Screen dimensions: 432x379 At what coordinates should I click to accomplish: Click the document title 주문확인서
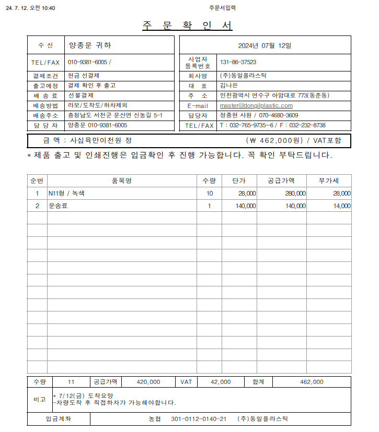[x=187, y=26]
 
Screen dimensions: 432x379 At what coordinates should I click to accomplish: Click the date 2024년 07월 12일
[x=265, y=45]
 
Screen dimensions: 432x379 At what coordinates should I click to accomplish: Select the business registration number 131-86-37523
[x=238, y=62]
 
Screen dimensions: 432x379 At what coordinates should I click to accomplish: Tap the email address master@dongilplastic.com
[x=256, y=105]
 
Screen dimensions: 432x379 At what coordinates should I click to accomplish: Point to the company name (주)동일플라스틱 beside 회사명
[x=243, y=76]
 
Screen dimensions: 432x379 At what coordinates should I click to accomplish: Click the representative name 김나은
[x=228, y=86]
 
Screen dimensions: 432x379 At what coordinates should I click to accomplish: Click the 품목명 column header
[x=121, y=181]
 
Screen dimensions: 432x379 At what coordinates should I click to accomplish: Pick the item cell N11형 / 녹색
[x=70, y=193]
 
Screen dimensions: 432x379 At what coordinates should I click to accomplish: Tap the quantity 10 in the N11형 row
[x=210, y=193]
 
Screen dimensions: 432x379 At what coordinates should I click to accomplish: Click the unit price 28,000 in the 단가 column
[x=247, y=193]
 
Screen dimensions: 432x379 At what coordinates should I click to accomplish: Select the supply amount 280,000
[x=295, y=193]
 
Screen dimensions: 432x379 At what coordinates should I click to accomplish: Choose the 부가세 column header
[x=329, y=181]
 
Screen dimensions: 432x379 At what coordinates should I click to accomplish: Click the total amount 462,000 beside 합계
[x=312, y=382]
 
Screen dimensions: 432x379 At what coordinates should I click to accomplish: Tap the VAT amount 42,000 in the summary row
[x=221, y=382]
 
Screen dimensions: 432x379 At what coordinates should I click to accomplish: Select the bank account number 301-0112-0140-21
[x=199, y=419]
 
